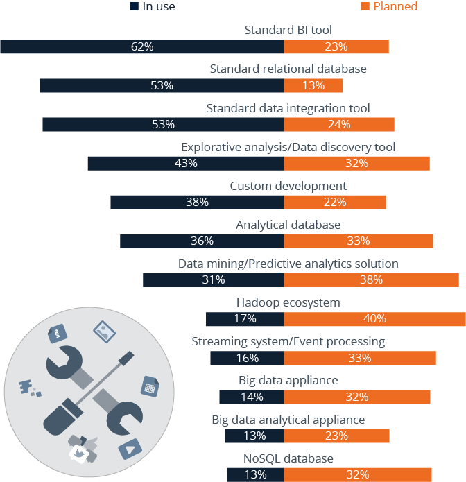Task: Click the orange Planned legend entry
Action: pos(389,6)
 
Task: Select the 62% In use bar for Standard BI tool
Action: pos(141,46)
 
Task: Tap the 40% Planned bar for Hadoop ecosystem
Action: pos(374,319)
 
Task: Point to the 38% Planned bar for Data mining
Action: pos(371,280)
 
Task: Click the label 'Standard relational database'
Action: pos(288,69)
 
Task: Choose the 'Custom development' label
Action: pos(288,186)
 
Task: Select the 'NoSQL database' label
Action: pos(288,458)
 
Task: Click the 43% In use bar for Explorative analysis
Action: pos(185,164)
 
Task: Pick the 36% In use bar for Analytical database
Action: pos(201,241)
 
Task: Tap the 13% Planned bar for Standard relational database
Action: pos(313,86)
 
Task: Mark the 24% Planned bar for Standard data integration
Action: pos(339,125)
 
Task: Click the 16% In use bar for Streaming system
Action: pos(246,358)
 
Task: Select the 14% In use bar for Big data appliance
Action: pos(251,397)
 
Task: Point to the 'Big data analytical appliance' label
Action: pos(288,420)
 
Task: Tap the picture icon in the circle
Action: pos(103,332)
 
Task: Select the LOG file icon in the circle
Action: pos(56,334)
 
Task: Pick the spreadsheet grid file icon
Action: pos(148,386)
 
